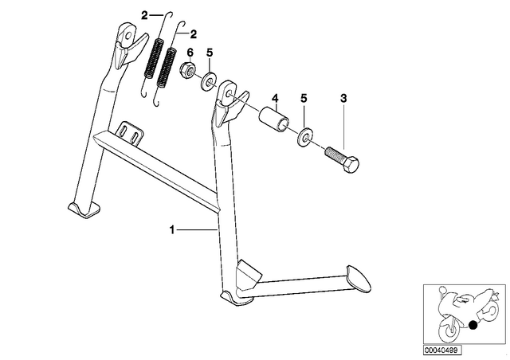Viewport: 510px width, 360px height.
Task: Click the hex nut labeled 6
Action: [187, 70]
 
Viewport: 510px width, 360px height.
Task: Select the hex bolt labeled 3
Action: [342, 159]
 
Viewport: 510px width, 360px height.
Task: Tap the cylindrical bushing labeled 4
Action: [274, 117]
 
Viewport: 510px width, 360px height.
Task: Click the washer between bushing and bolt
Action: [304, 137]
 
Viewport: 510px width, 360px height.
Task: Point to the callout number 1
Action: [172, 230]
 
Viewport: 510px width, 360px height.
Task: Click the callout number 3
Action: [343, 99]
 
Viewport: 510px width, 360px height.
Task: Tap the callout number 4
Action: [275, 97]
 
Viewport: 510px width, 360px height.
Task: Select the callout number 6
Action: [190, 52]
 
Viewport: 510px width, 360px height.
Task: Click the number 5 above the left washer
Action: [210, 52]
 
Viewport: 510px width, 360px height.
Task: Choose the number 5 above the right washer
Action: [304, 99]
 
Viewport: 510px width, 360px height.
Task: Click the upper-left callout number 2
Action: [144, 15]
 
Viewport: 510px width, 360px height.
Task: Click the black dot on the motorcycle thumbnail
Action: [473, 324]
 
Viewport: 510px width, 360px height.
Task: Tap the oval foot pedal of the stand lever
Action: [359, 277]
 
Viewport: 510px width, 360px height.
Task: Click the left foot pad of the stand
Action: [84, 209]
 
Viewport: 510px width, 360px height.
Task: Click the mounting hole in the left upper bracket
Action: [128, 34]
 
